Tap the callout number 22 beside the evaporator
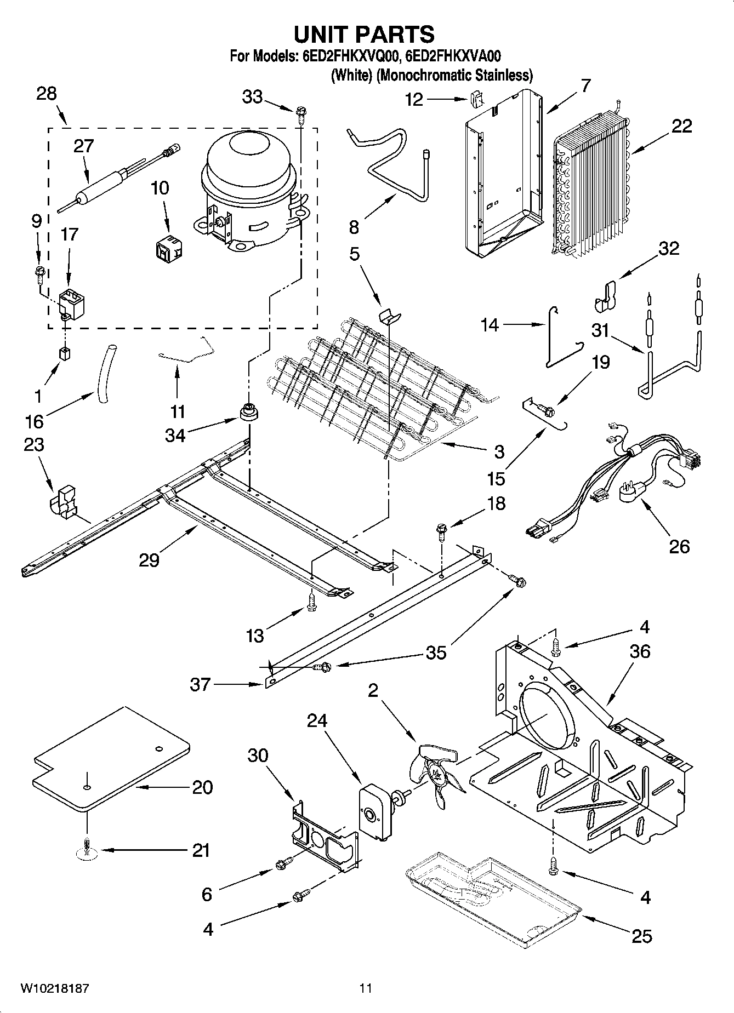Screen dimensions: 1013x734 pyautogui.click(x=681, y=127)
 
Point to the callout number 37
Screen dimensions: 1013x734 pyautogui.click(x=200, y=684)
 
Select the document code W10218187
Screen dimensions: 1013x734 pyautogui.click(x=54, y=988)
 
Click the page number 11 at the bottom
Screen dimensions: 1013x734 pyautogui.click(x=366, y=988)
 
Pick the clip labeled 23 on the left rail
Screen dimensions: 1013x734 pyautogui.click(x=63, y=500)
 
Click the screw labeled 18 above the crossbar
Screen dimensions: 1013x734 pyautogui.click(x=441, y=530)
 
